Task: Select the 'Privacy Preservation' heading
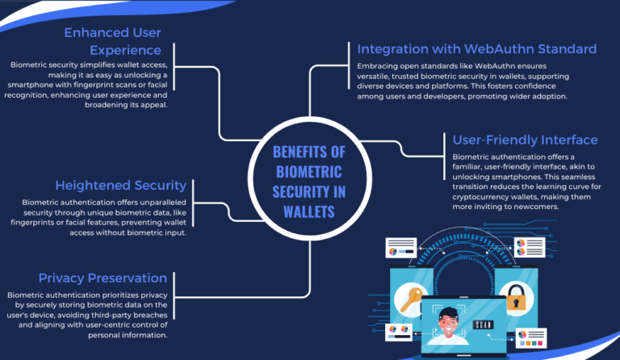109,278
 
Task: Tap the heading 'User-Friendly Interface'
525,140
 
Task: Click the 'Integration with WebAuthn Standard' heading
476,48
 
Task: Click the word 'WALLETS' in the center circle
308,211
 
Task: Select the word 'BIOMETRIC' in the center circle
308,171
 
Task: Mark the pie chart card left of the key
400,247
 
